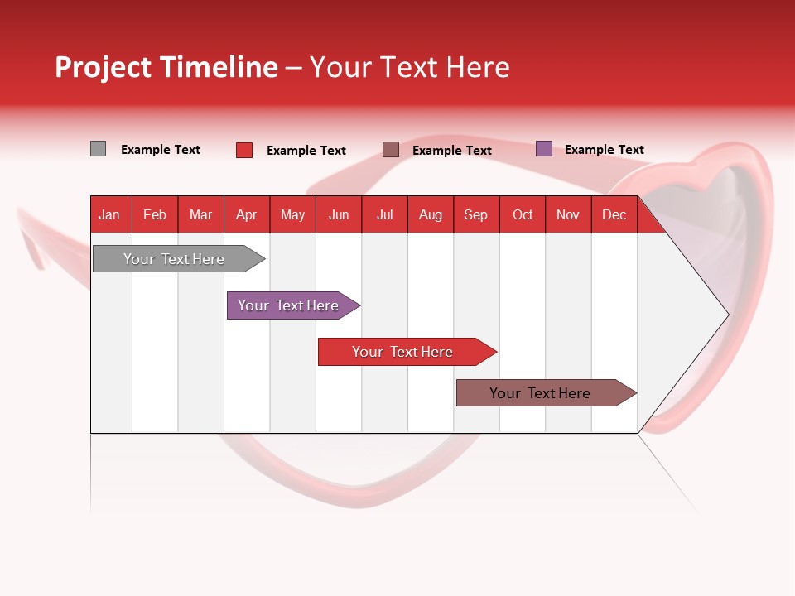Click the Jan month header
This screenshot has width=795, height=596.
[110, 214]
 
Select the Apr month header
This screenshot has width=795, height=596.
[247, 214]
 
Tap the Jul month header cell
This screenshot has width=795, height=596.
[384, 214]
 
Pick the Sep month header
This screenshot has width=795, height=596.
[476, 214]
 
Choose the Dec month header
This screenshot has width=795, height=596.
[614, 214]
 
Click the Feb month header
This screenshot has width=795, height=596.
[155, 214]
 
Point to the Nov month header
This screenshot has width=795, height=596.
[568, 214]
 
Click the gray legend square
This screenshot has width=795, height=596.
[98, 149]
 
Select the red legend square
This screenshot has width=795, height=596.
[244, 150]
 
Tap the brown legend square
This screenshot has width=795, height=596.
[391, 150]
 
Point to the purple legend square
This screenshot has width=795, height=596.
[544, 149]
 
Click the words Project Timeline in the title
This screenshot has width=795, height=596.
[166, 67]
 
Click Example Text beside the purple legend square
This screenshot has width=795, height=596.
[604, 150]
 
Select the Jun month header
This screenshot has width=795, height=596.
[339, 214]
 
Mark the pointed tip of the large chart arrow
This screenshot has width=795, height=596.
[727, 315]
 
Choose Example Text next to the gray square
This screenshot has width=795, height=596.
[161, 150]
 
